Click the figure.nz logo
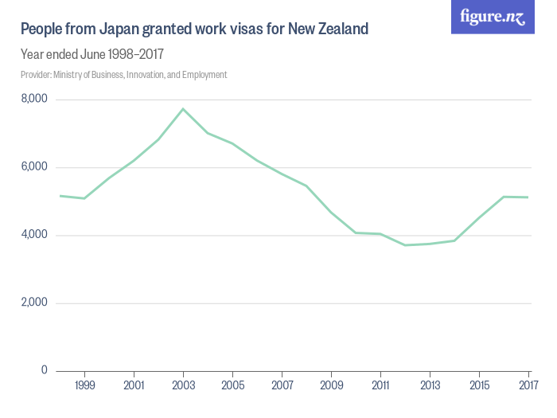tap(493, 17)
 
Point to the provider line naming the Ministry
tap(124, 75)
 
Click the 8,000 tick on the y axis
tap(34, 100)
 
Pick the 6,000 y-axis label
tap(34, 167)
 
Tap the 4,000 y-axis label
tap(34, 235)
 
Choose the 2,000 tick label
tap(34, 303)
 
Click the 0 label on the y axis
tap(44, 370)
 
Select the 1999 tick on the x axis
tap(85, 385)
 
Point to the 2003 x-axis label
tap(183, 385)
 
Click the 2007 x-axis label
tap(282, 385)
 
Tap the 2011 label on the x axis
tap(380, 385)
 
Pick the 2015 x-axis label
tap(479, 385)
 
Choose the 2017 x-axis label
tap(528, 385)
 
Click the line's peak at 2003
tap(183, 109)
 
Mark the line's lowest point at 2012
tap(405, 244)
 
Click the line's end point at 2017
tap(528, 197)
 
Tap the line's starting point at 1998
tap(60, 195)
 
